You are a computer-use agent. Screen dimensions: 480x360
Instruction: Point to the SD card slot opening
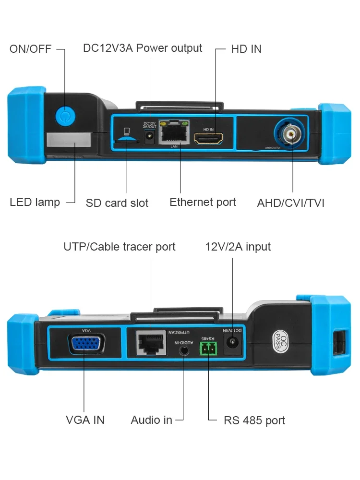[x=127, y=139]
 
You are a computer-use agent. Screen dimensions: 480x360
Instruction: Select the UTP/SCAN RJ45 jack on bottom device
[x=150, y=342]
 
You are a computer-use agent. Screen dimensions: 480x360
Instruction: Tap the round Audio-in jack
[x=185, y=350]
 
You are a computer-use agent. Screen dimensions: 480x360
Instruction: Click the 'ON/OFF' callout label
[x=30, y=49]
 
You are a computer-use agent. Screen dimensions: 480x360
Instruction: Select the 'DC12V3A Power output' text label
[x=143, y=48]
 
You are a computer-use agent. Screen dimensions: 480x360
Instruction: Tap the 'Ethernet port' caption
[x=203, y=202]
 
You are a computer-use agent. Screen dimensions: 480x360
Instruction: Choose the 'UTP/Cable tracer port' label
[x=120, y=247]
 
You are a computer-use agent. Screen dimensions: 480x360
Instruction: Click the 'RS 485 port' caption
[x=254, y=421]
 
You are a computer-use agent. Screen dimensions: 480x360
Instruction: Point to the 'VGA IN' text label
[x=85, y=420]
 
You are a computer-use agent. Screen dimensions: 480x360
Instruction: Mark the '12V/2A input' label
[x=238, y=247]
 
